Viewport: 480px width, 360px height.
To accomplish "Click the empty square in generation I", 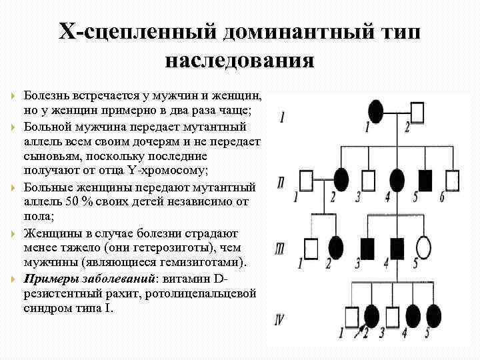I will pos(418,111).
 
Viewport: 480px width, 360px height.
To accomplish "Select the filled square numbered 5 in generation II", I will pos(426,179).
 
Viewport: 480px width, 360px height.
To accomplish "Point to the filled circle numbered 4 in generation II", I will pos(397,179).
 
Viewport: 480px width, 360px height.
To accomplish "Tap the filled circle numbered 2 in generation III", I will pos(337,247).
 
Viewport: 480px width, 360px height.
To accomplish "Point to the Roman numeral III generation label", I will pos(281,249).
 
